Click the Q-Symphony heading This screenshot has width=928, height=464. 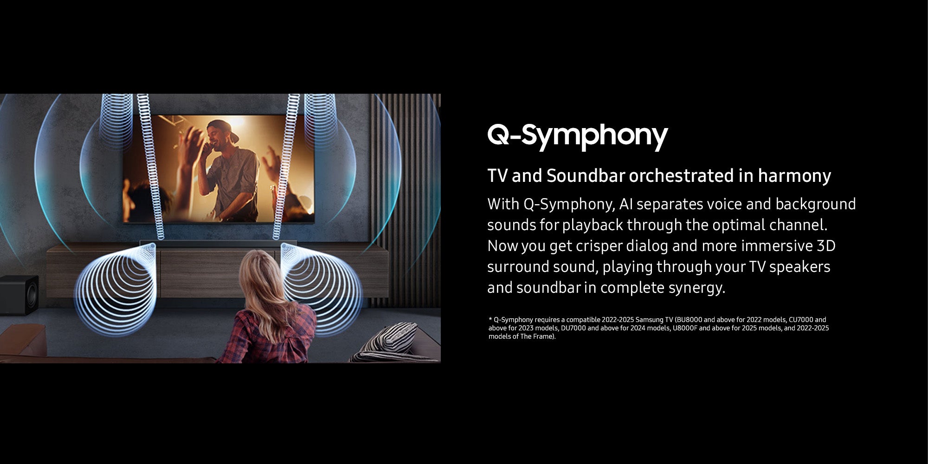(x=578, y=135)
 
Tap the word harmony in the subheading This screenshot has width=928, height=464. (x=794, y=176)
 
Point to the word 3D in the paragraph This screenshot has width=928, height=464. (x=826, y=245)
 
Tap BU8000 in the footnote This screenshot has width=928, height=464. (x=690, y=320)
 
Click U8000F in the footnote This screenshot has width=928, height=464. (x=685, y=328)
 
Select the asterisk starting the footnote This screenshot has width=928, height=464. (x=490, y=319)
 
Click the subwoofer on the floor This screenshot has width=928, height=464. (x=19, y=295)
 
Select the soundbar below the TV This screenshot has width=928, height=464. (x=218, y=243)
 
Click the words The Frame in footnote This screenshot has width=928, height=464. (x=536, y=336)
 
